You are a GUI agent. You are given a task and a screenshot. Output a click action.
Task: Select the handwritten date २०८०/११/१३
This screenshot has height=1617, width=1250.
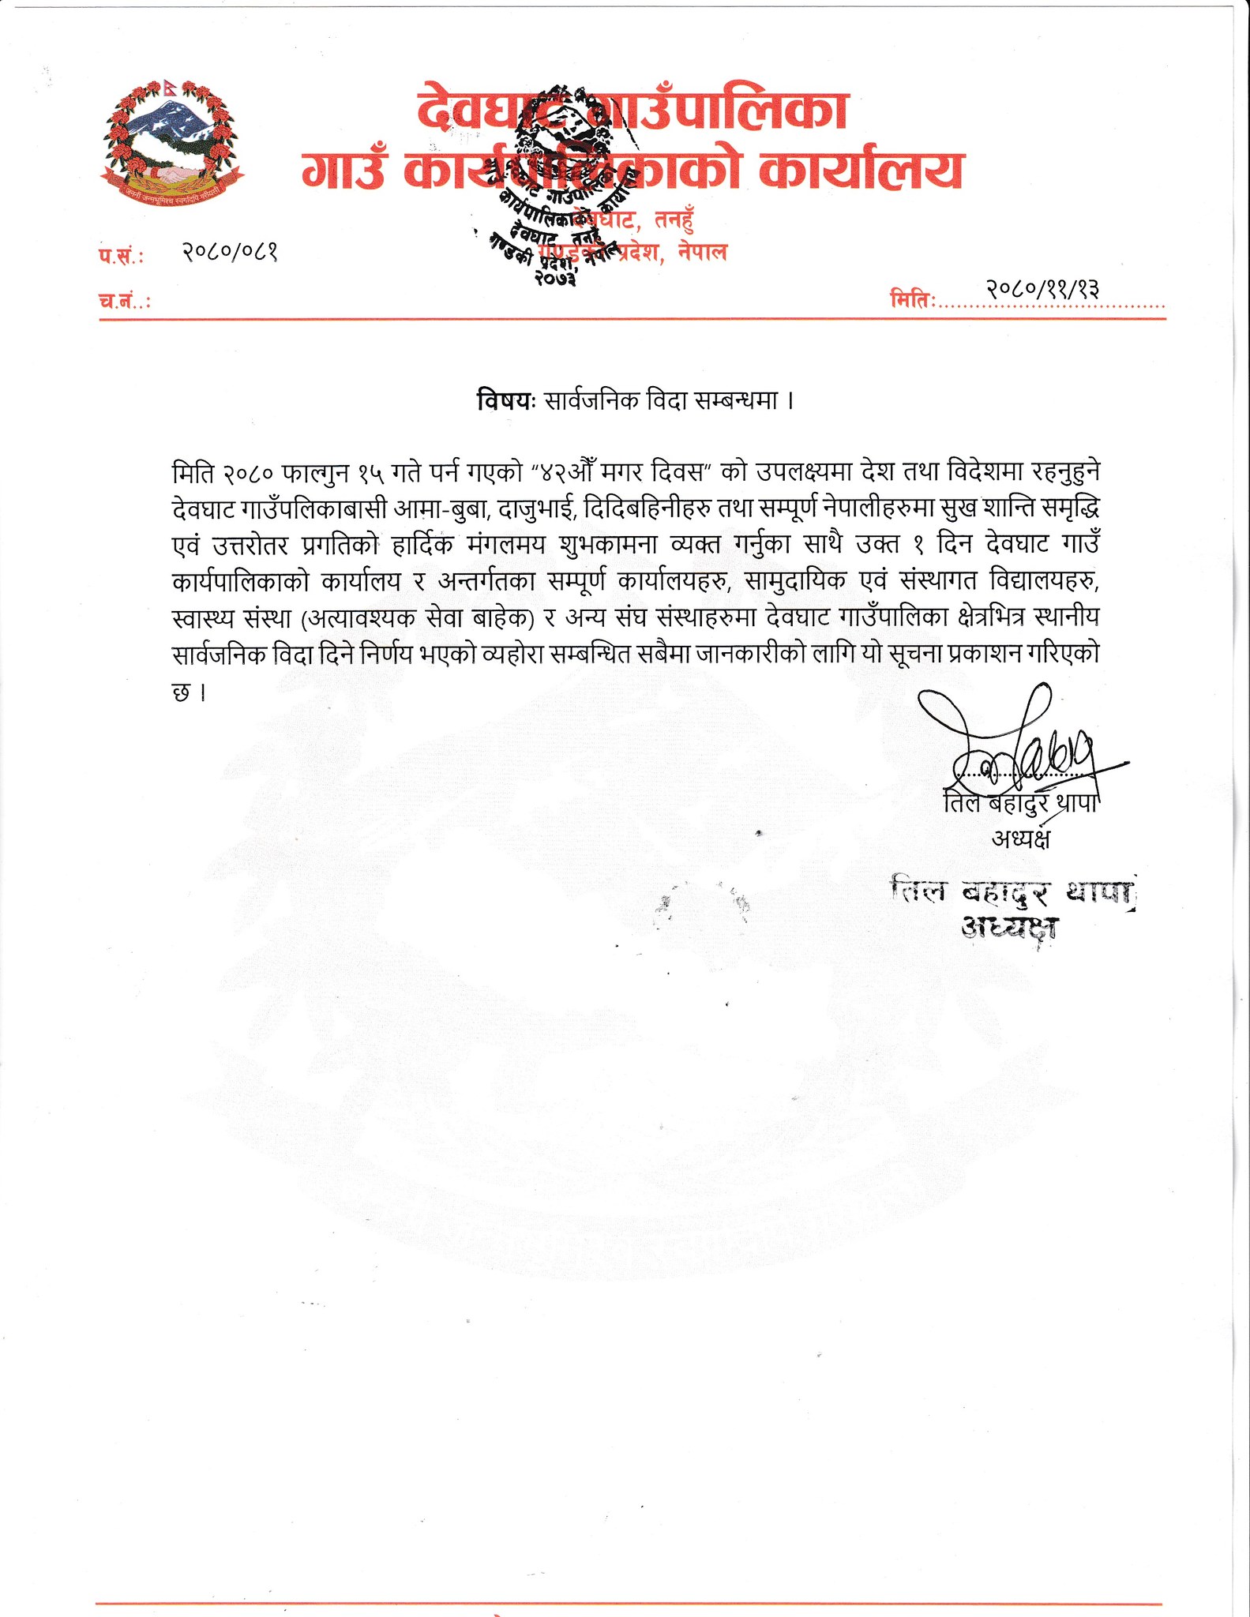click(x=1042, y=290)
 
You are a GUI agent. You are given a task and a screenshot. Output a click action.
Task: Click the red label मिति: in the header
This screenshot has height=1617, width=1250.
click(x=912, y=300)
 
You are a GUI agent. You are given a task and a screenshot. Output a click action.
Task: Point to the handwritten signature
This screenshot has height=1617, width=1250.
click(x=1019, y=746)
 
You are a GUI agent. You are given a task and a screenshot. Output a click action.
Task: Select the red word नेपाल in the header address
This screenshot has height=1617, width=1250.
click(x=702, y=253)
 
